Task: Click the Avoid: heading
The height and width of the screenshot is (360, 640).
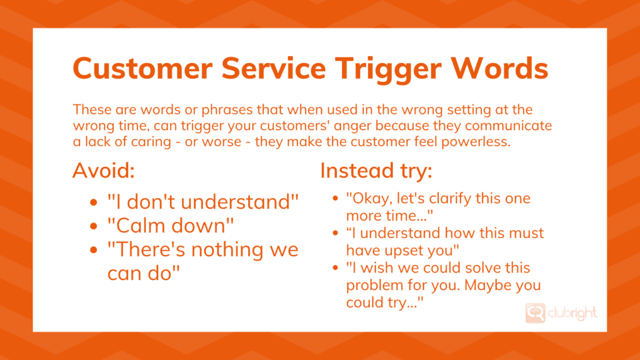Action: coord(104,171)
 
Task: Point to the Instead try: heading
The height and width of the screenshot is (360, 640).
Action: coord(376,171)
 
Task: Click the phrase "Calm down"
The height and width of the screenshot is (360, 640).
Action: coord(166,226)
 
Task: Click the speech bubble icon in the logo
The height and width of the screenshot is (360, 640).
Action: coord(536,312)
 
